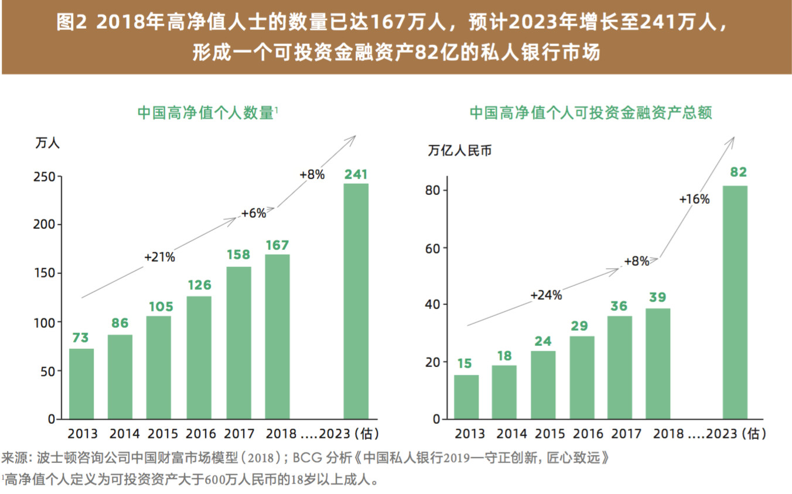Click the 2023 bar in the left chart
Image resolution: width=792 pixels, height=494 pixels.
click(x=356, y=301)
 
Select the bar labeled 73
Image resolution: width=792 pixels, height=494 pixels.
click(x=81, y=383)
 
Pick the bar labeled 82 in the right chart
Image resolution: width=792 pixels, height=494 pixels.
click(x=735, y=302)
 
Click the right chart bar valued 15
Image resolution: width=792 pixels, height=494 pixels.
click(x=466, y=397)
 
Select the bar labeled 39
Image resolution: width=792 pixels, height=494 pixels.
click(x=658, y=363)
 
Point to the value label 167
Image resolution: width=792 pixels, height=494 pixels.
click(x=277, y=245)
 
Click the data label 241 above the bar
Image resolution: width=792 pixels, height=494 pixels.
click(x=356, y=174)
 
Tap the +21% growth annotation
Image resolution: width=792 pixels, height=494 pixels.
click(x=159, y=257)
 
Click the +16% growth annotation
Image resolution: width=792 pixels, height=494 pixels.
click(x=694, y=199)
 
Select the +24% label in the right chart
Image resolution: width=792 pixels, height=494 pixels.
click(x=546, y=295)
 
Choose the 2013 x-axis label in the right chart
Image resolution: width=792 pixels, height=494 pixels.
click(x=470, y=434)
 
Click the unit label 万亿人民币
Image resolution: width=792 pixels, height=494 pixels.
click(x=460, y=150)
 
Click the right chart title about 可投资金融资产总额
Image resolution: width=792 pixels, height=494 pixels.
click(x=590, y=113)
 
